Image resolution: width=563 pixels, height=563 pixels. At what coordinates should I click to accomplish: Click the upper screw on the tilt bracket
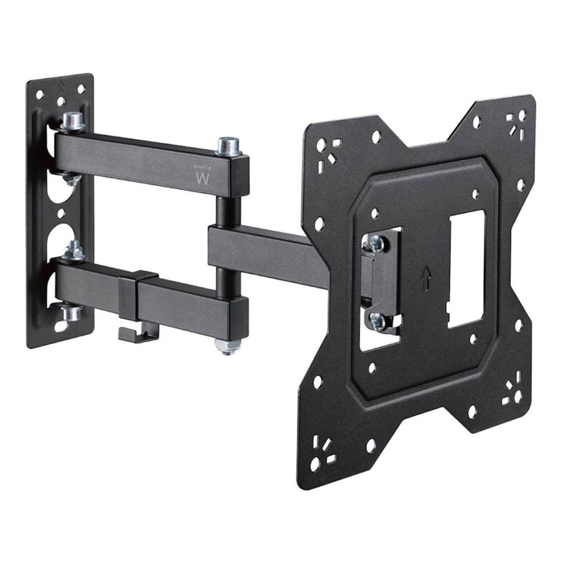(376, 243)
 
